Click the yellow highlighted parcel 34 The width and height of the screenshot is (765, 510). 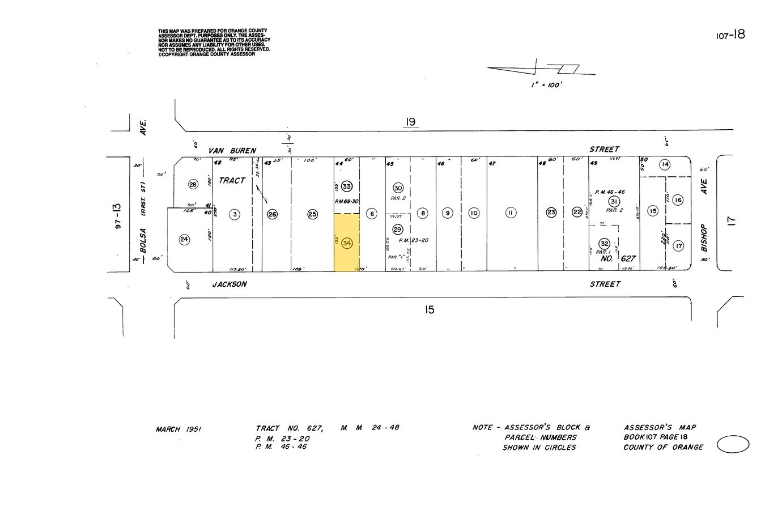click(346, 243)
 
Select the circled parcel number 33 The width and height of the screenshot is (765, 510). click(347, 186)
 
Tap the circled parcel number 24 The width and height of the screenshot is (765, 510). click(184, 239)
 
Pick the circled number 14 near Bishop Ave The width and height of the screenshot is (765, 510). click(665, 165)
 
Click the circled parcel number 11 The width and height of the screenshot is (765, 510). click(511, 213)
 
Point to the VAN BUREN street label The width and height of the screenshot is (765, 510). click(232, 151)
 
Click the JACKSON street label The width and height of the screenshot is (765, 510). click(229, 284)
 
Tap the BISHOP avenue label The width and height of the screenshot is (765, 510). click(704, 238)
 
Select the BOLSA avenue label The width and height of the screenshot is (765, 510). click(143, 241)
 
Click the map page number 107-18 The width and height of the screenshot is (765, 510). click(730, 35)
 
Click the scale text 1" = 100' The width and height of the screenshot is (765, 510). click(546, 85)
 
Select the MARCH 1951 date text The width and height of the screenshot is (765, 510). click(178, 430)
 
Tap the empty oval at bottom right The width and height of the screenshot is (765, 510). click(733, 445)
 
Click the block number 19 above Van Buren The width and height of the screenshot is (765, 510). click(410, 122)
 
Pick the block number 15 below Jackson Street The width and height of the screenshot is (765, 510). click(430, 309)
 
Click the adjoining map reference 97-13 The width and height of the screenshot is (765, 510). click(118, 216)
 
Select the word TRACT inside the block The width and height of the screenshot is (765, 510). click(232, 181)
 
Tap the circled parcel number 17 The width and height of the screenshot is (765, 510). click(678, 246)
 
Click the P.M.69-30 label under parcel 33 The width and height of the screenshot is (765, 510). click(347, 201)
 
